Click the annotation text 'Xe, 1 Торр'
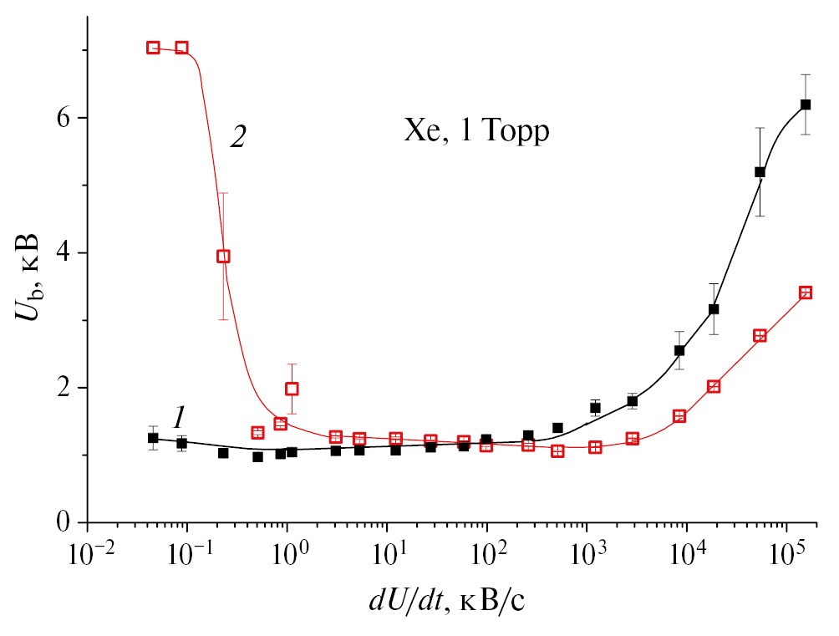click(x=477, y=132)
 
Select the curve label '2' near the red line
click(x=238, y=138)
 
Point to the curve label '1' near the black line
click(x=178, y=417)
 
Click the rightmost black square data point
click(x=806, y=104)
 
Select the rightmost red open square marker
click(x=806, y=293)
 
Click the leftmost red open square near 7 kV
click(x=153, y=48)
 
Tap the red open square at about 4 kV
click(x=223, y=257)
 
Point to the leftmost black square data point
click(x=153, y=438)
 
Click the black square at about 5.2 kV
click(x=760, y=172)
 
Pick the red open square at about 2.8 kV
click(x=760, y=336)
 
